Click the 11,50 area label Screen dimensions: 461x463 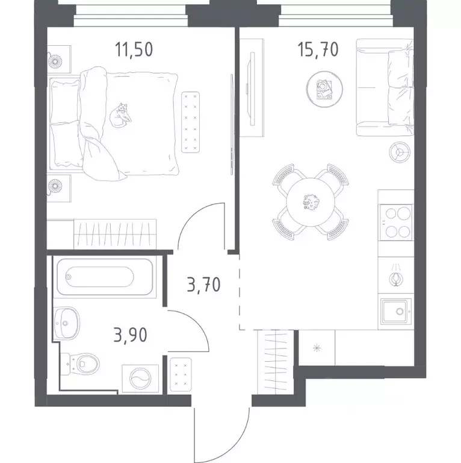[x=134, y=49]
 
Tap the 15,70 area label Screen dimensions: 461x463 [x=318, y=49]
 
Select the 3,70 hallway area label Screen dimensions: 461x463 [x=203, y=285]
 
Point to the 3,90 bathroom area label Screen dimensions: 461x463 [x=130, y=335]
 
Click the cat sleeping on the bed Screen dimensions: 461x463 [x=120, y=115]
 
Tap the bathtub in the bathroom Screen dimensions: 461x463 [x=105, y=277]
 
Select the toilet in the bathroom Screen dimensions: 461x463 [x=80, y=364]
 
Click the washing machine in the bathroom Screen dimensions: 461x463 [x=140, y=379]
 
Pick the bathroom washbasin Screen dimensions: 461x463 [x=67, y=323]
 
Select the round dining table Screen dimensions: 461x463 [x=311, y=202]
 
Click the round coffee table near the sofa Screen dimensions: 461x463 [x=324, y=89]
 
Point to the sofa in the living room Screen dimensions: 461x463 [x=385, y=87]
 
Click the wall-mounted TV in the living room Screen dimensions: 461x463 [x=252, y=89]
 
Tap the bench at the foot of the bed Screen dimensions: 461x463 [x=190, y=122]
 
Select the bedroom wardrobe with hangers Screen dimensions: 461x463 [x=115, y=234]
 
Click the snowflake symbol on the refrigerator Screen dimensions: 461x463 [x=317, y=348]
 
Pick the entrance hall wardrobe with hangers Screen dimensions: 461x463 [x=276, y=362]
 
